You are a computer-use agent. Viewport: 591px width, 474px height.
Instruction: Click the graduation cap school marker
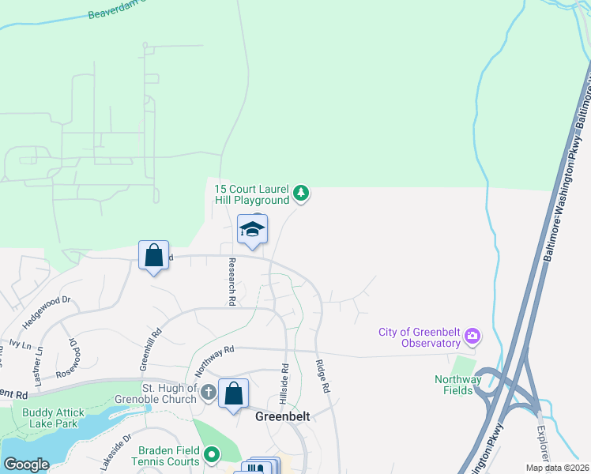(x=252, y=230)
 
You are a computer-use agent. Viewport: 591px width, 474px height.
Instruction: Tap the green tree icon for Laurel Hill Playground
(x=300, y=192)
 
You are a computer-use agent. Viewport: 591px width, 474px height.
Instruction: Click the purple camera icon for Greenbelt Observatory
(x=472, y=337)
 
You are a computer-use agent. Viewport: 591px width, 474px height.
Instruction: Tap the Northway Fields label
(x=457, y=385)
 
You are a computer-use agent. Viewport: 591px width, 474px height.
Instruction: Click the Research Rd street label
(x=232, y=281)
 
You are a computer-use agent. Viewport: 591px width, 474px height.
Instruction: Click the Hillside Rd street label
(x=284, y=381)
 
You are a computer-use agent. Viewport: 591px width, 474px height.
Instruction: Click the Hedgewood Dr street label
(x=47, y=307)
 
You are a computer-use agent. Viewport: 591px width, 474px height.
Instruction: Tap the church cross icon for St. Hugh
(x=208, y=393)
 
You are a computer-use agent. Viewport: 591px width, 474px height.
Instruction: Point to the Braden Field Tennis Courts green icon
(x=211, y=454)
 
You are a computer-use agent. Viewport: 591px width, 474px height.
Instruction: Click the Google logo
(x=26, y=465)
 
